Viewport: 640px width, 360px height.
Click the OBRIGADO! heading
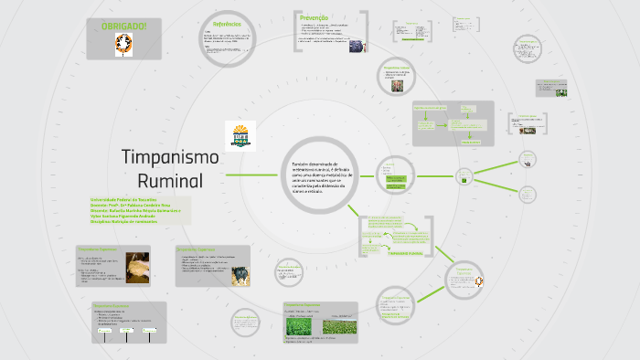point(123,26)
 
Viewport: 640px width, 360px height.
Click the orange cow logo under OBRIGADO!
point(123,47)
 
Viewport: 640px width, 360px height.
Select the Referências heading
point(227,24)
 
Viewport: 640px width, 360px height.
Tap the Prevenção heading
point(313,16)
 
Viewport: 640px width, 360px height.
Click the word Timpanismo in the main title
point(170,156)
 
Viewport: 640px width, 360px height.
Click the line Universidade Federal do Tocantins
point(123,199)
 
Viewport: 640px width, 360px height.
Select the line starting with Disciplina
point(123,221)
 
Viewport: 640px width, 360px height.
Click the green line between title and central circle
point(251,174)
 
